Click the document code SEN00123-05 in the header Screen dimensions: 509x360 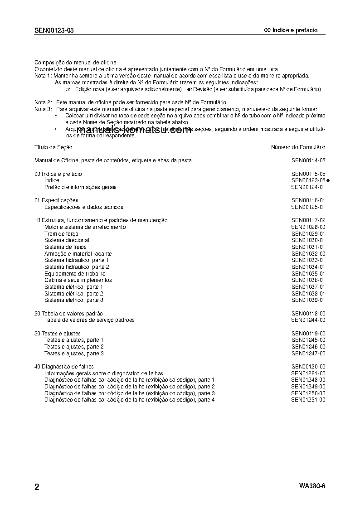[54, 30]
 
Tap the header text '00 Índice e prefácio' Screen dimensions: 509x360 [291, 30]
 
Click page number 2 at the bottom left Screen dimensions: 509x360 [37, 487]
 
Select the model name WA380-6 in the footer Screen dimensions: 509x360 [312, 486]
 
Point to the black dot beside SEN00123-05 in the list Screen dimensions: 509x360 [328, 181]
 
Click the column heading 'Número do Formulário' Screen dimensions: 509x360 [298, 147]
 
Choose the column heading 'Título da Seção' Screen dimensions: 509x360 [54, 147]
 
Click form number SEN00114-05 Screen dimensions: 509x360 [308, 160]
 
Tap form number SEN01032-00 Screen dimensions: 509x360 [308, 254]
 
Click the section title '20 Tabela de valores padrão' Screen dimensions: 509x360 [68, 314]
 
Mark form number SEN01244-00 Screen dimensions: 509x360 [308, 320]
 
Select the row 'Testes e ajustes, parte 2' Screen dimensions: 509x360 [74, 347]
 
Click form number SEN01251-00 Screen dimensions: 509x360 [308, 400]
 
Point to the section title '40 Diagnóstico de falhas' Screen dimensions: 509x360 [64, 367]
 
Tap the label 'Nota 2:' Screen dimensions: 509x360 [43, 103]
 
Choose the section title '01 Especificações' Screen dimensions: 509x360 [56, 200]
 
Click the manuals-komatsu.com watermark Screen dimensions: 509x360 [134, 131]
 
